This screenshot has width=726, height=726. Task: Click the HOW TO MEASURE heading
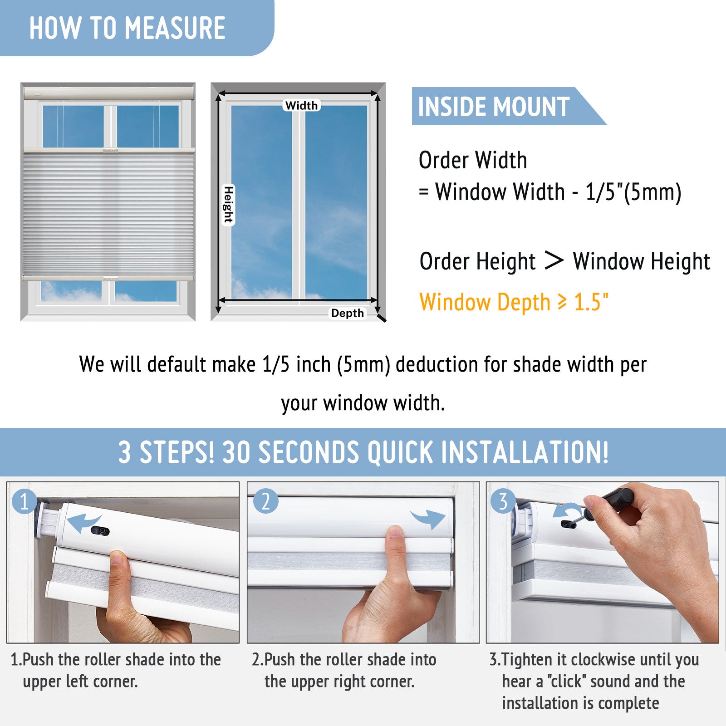128,28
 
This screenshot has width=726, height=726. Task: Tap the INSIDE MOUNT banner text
494,107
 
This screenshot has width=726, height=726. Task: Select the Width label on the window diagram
302,105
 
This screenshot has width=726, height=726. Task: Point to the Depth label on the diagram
348,313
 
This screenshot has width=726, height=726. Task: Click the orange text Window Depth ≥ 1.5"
514,302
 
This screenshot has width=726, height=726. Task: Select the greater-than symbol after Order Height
554,260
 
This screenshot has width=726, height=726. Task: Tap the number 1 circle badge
25,501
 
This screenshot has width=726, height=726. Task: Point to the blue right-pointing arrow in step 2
428,518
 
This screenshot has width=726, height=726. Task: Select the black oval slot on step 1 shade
100,531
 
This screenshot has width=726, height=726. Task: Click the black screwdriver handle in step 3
611,500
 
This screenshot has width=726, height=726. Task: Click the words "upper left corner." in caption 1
80,682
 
